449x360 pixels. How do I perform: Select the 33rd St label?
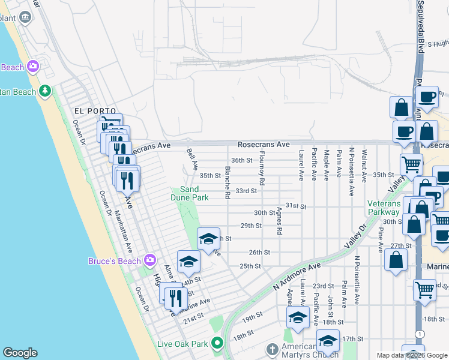tap(246, 191)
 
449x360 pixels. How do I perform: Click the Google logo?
tap(20, 353)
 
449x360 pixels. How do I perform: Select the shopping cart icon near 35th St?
tap(411, 163)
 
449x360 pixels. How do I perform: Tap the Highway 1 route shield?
tap(418, 333)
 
